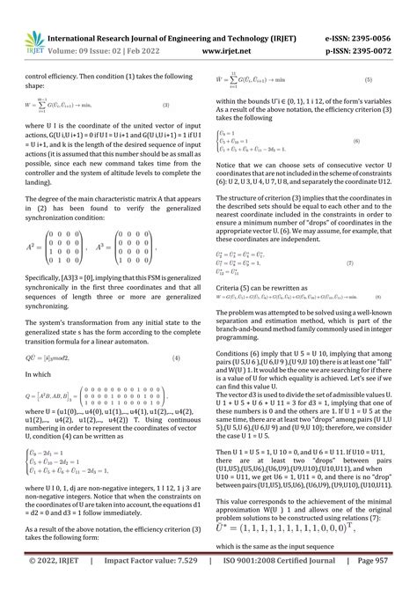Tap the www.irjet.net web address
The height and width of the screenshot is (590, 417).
[229, 52]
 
